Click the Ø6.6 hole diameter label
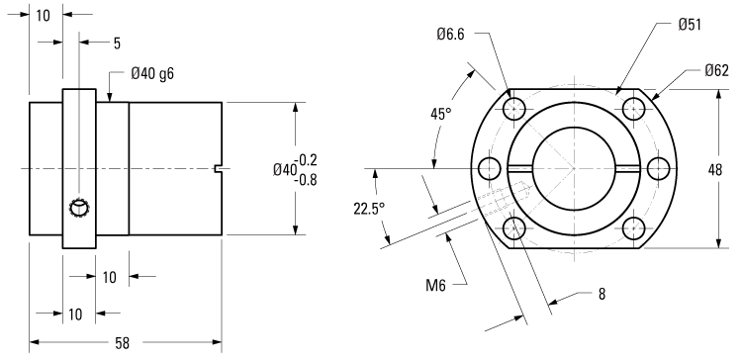tap(452, 35)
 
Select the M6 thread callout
tap(436, 286)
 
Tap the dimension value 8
tap(602, 294)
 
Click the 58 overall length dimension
tap(122, 343)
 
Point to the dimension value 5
tap(117, 43)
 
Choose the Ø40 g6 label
tap(153, 73)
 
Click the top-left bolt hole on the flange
tap(512, 107)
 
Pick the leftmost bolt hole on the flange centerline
tap(487, 168)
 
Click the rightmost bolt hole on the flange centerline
tap(656, 168)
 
